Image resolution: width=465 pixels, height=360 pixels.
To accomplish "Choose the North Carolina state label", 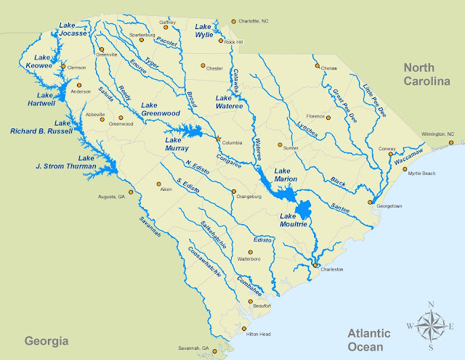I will (x=433, y=75).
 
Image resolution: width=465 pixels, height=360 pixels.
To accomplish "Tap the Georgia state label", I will (x=46, y=340).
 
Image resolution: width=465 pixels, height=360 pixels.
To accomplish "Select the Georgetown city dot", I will (x=371, y=202).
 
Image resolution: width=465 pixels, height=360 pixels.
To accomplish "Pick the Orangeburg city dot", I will (x=234, y=193).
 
